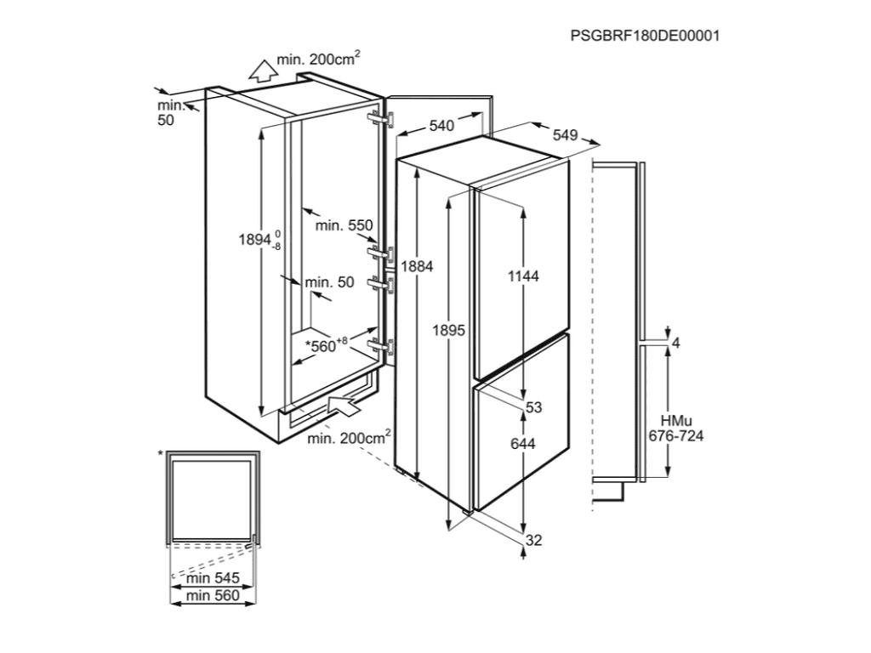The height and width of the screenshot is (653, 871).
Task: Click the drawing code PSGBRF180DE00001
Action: coord(645,36)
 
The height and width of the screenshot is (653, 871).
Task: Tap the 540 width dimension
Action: coord(441,126)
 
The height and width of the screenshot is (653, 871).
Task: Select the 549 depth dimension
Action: coord(565,134)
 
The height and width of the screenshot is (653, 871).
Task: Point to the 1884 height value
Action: coord(418,266)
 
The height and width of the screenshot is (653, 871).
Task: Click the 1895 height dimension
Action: coord(448,330)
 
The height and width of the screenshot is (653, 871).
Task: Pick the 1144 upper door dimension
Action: coord(523,275)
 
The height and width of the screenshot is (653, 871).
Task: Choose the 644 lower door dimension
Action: coord(522,444)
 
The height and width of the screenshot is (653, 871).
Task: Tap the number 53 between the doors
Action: coord(533,408)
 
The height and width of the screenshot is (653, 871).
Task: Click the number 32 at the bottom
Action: coord(533,540)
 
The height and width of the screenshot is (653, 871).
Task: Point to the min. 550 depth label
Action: coord(344,225)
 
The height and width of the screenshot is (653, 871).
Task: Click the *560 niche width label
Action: coord(327,345)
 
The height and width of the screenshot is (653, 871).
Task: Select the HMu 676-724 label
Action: coord(676,429)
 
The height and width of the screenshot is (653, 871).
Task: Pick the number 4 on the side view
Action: coord(676,343)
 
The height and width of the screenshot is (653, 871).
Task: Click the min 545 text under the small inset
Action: coord(213,578)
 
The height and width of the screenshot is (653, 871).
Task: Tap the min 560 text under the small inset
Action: coord(213,596)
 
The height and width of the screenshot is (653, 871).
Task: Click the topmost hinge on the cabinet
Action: coord(379,118)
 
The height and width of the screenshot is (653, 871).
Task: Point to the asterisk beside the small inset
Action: coord(160,456)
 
